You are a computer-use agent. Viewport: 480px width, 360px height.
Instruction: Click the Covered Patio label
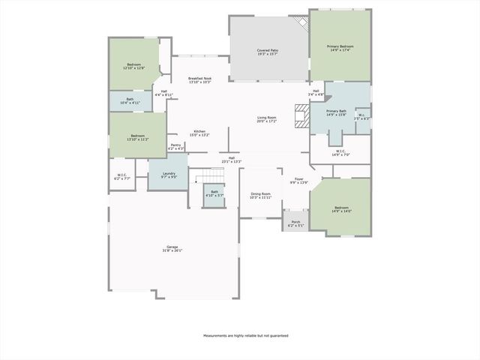[267, 52]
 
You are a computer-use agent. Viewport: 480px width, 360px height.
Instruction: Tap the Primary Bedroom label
[340, 48]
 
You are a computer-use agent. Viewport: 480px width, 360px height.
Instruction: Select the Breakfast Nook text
[200, 80]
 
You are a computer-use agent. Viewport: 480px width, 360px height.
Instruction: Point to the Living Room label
[267, 119]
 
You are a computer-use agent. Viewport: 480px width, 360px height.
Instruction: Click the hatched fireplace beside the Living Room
[301, 118]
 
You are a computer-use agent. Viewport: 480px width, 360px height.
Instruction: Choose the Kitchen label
[199, 133]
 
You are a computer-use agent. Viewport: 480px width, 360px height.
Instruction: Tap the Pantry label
[175, 146]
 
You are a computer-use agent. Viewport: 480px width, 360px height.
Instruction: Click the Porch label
[295, 223]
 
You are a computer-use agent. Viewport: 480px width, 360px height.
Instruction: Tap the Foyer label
[298, 181]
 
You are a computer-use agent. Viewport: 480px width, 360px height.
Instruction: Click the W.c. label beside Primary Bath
[361, 116]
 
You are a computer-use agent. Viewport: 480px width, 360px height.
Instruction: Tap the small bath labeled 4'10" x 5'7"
[214, 193]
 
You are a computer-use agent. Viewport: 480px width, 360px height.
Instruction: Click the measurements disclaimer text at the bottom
[245, 335]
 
